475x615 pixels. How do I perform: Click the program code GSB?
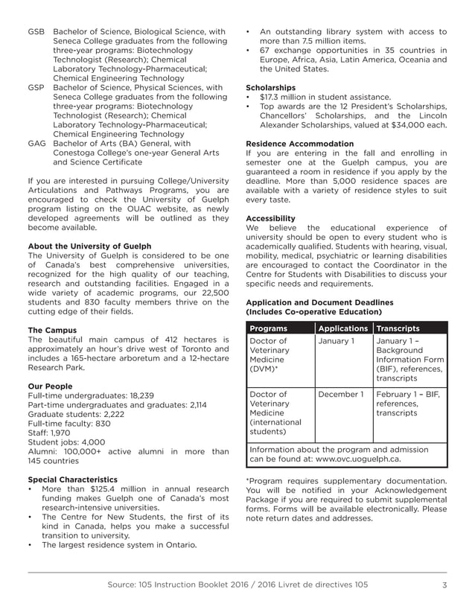click(36, 32)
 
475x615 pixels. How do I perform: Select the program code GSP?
click(36, 88)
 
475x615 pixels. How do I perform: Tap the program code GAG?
click(36, 144)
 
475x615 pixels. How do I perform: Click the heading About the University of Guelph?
click(89, 246)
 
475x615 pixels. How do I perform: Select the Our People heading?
click(51, 386)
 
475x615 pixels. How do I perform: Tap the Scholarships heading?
click(270, 88)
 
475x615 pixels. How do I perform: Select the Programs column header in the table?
click(269, 328)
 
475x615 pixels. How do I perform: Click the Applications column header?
click(342, 328)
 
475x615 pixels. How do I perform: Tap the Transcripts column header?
click(398, 328)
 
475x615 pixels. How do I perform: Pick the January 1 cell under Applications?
click(337, 341)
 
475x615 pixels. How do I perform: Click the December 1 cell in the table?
click(341, 395)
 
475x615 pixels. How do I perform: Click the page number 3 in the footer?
click(444, 584)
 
